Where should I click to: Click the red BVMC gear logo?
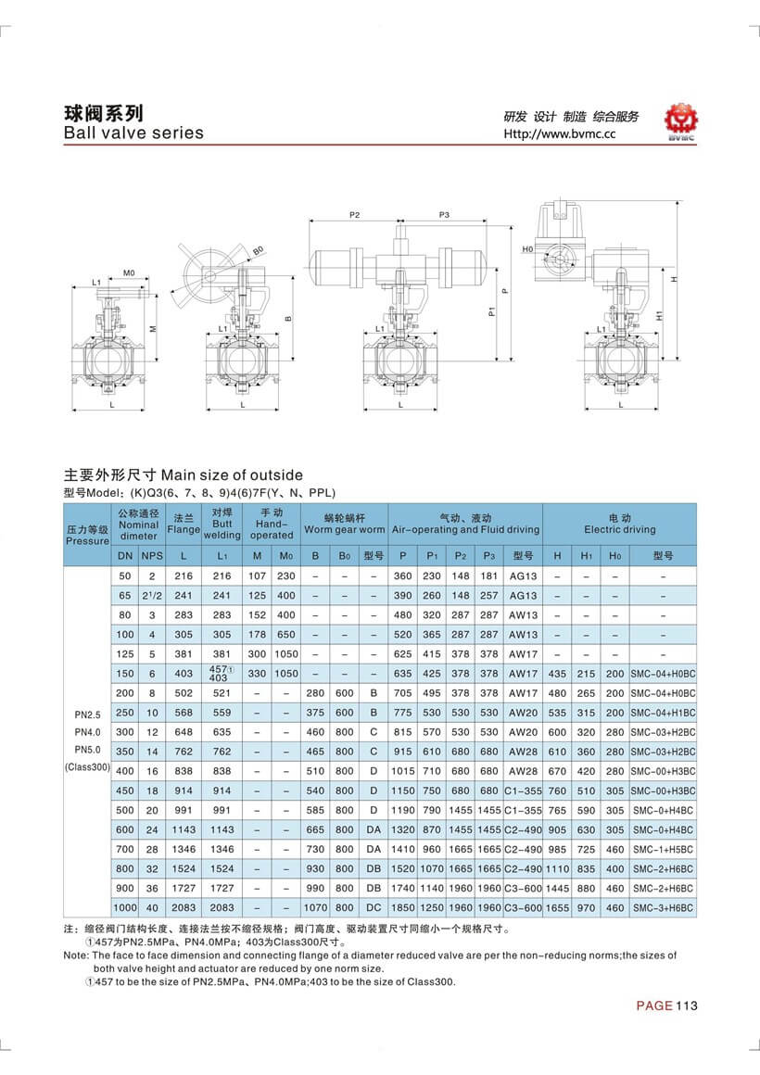click(x=685, y=120)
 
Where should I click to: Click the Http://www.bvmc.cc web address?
click(x=559, y=133)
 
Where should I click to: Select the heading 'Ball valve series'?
click(x=133, y=133)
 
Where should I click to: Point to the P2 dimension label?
click(x=354, y=214)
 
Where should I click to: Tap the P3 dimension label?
click(x=443, y=214)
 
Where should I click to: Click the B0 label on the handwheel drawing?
click(x=258, y=250)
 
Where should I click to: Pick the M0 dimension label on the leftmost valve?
click(x=130, y=273)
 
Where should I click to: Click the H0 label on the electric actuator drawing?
click(x=527, y=249)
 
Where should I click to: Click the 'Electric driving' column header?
click(x=619, y=524)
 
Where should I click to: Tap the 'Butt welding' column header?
click(x=222, y=524)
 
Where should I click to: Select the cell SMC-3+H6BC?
click(x=662, y=907)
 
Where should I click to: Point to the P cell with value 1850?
click(x=402, y=907)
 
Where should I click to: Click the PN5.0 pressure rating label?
click(x=88, y=749)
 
